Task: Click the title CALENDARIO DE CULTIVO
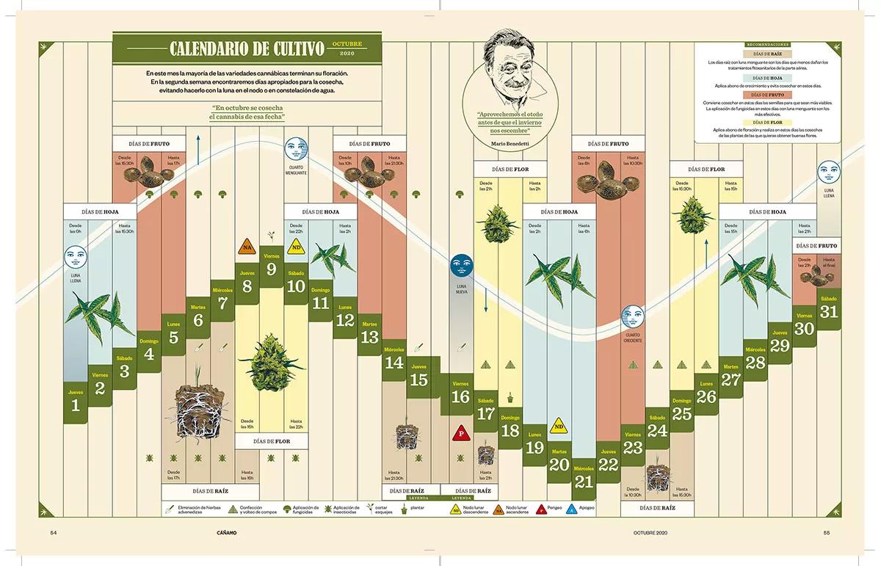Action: click(x=247, y=49)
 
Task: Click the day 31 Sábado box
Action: click(x=829, y=308)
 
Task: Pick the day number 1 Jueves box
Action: click(x=76, y=402)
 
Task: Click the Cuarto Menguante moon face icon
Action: click(x=296, y=149)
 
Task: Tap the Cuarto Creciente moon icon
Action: click(x=632, y=317)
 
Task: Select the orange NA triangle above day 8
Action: click(x=247, y=247)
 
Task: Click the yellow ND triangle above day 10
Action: click(x=296, y=246)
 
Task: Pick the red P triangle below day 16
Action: click(x=460, y=432)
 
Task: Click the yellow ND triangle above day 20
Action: click(x=559, y=425)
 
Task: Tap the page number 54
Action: click(x=54, y=532)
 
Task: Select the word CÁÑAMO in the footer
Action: click(x=227, y=532)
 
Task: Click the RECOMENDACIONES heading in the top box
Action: click(x=768, y=45)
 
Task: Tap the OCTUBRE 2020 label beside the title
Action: click(x=347, y=49)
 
